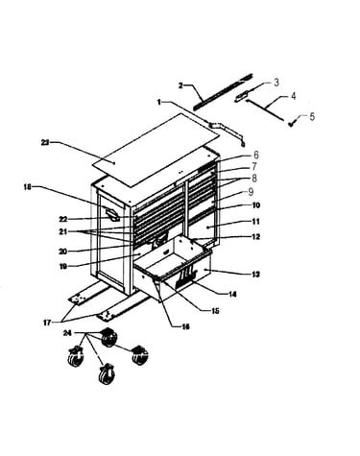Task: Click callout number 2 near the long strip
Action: tap(180, 85)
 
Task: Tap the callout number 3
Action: tap(276, 83)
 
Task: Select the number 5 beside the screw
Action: tap(312, 116)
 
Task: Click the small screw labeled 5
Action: tap(292, 124)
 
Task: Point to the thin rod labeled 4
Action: tap(265, 110)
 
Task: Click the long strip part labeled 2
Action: tap(224, 91)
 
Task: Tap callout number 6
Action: tap(256, 156)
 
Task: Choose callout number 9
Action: tap(251, 191)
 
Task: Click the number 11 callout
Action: tap(256, 222)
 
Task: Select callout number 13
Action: tap(255, 275)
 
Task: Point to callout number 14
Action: tap(232, 294)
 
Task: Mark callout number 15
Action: tap(215, 311)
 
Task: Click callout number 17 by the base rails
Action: tap(47, 323)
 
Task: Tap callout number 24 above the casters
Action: tap(67, 333)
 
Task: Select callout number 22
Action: tap(63, 219)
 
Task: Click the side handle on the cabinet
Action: tap(112, 214)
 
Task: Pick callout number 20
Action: tap(62, 252)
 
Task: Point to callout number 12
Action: tap(256, 237)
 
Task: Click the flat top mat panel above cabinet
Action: tap(156, 150)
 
